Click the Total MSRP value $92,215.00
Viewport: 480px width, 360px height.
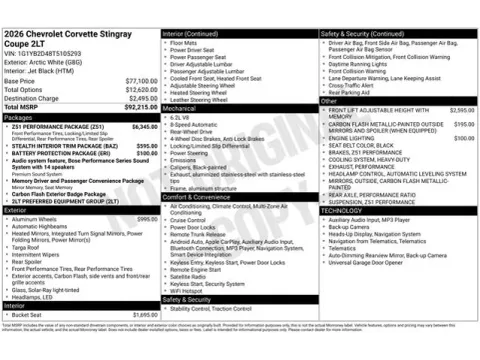[x=136, y=107]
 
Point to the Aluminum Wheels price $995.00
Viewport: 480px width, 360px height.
[x=146, y=219]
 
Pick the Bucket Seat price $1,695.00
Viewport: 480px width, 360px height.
[x=144, y=315]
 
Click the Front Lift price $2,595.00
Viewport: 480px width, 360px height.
[x=462, y=109]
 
